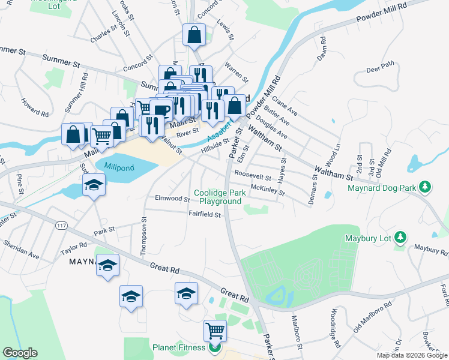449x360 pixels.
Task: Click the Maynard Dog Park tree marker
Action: [x=425, y=188]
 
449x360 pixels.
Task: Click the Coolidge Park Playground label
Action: [x=217, y=197]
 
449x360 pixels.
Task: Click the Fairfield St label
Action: [x=205, y=214]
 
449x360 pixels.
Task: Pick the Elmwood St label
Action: [x=172, y=198]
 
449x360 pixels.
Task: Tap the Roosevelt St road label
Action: [x=253, y=173]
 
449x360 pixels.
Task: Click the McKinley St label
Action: [x=267, y=190]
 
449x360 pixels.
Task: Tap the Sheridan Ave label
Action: [x=22, y=250]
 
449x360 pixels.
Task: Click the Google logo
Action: [x=20, y=353]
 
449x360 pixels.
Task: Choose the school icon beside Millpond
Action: [x=94, y=186]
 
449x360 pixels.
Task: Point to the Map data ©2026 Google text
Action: [x=412, y=355]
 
